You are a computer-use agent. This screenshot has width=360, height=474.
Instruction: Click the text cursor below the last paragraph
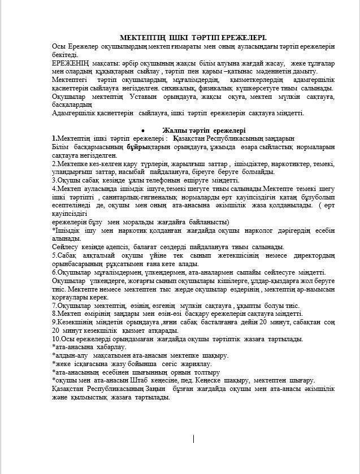point(194,438)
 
